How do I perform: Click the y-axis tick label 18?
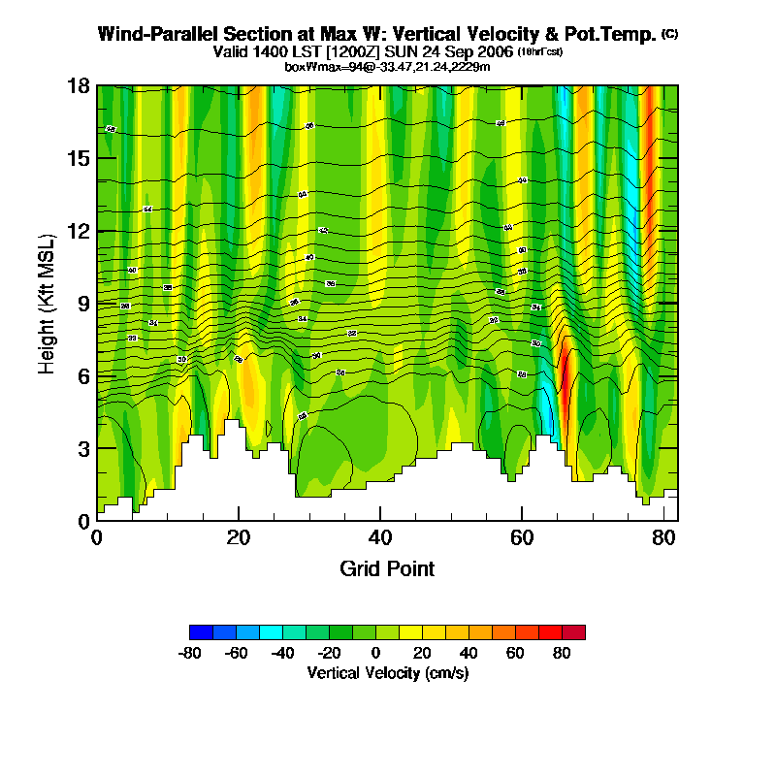tap(79, 85)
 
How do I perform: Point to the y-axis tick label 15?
tap(79, 158)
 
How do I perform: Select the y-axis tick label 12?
tap(79, 231)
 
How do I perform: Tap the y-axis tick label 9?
tap(83, 303)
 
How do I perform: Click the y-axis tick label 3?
tap(83, 448)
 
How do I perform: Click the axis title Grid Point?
tap(387, 568)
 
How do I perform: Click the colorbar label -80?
tap(189, 653)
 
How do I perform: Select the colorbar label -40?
tap(282, 653)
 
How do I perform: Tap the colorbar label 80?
tap(562, 653)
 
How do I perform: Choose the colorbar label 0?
tap(375, 653)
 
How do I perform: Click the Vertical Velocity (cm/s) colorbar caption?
tap(387, 672)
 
